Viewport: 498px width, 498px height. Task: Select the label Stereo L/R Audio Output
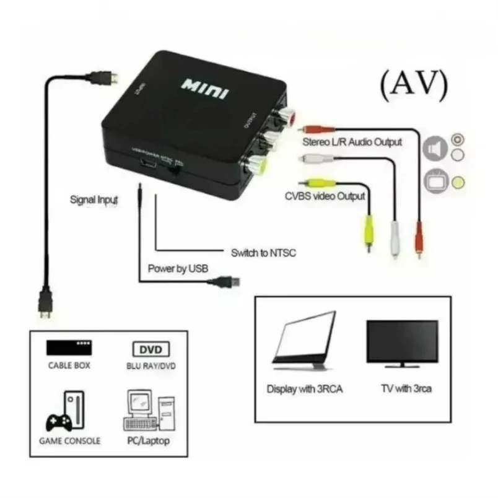[x=352, y=142]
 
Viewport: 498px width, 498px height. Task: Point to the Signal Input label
[x=92, y=200]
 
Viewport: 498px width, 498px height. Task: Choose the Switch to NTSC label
[x=263, y=253]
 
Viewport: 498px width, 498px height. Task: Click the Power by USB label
[x=178, y=269]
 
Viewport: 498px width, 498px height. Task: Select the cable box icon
[x=69, y=347]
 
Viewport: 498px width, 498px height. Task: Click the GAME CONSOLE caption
[x=70, y=442]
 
